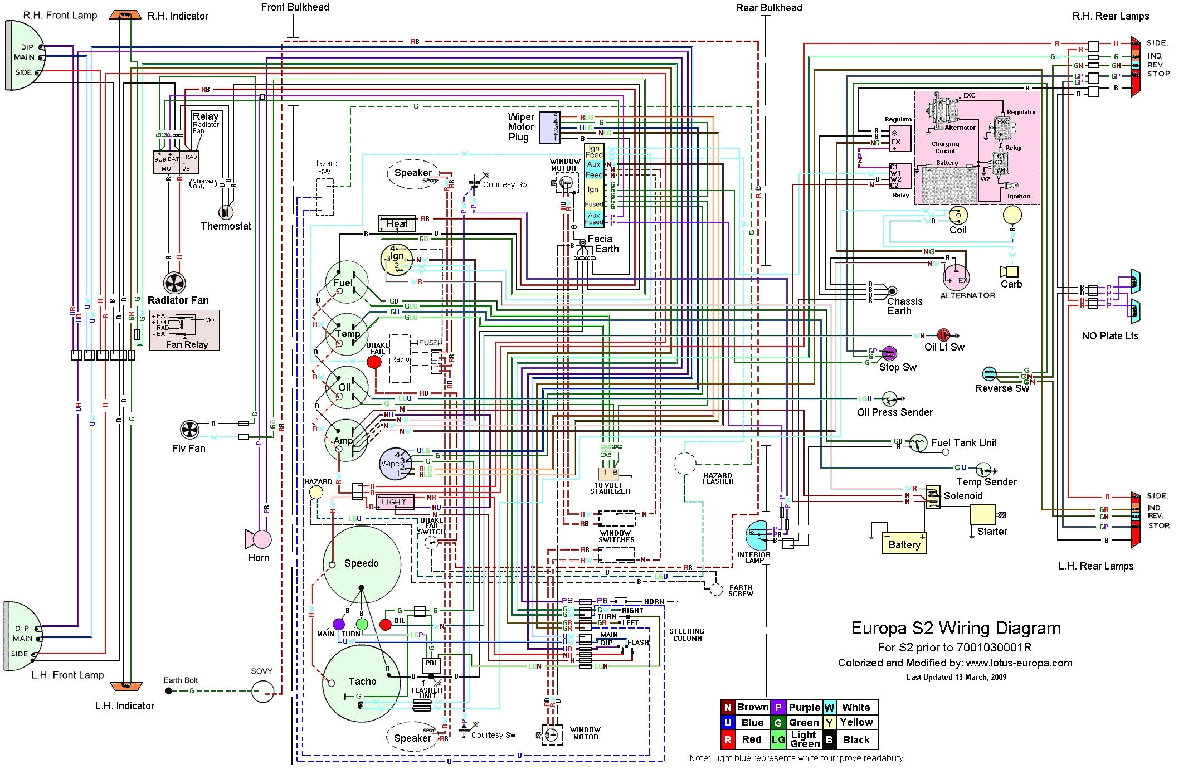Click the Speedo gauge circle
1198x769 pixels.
tap(362, 563)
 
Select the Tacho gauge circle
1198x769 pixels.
tap(362, 682)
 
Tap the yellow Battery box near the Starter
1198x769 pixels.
tap(904, 544)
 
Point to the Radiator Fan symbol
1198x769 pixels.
tap(174, 283)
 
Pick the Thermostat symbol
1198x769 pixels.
tap(225, 212)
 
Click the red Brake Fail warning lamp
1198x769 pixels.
tap(374, 362)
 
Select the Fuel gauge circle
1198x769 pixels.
tap(347, 282)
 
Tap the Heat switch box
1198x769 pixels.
tap(397, 223)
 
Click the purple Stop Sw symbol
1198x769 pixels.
tap(890, 353)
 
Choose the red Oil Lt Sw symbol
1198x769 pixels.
tap(943, 335)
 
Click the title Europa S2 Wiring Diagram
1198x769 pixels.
tap(956, 628)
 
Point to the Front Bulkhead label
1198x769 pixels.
tap(295, 7)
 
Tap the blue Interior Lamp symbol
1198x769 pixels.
tap(756, 535)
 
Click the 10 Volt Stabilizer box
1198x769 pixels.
tap(608, 473)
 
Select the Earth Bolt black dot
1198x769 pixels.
tap(169, 691)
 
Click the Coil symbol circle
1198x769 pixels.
tap(958, 215)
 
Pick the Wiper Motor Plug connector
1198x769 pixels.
tap(549, 128)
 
